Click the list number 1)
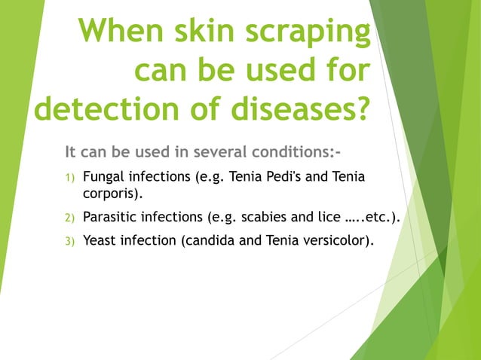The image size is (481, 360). tap(69, 178)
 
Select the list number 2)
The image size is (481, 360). tap(69, 218)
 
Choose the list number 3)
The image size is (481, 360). tap(69, 242)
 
